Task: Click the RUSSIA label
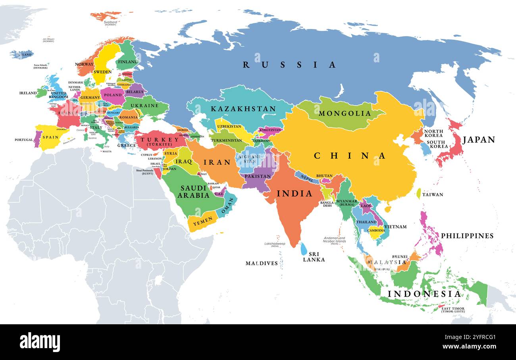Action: tap(289, 65)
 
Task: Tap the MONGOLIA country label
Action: tap(345, 114)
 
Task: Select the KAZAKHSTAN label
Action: tap(243, 109)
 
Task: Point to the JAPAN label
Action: tap(479, 140)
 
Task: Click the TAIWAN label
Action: tap(433, 194)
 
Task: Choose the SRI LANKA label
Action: tap(314, 257)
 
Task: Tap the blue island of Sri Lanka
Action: tap(304, 249)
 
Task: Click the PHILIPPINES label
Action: tap(467, 236)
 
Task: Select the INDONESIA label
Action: tap(424, 294)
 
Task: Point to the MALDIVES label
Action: tap(262, 263)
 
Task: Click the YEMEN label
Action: tap(200, 223)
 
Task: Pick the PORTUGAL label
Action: tap(24, 140)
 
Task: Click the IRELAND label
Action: tap(28, 93)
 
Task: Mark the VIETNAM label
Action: tap(395, 227)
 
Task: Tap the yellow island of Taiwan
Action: tap(418, 193)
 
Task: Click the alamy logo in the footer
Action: tap(40, 342)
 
